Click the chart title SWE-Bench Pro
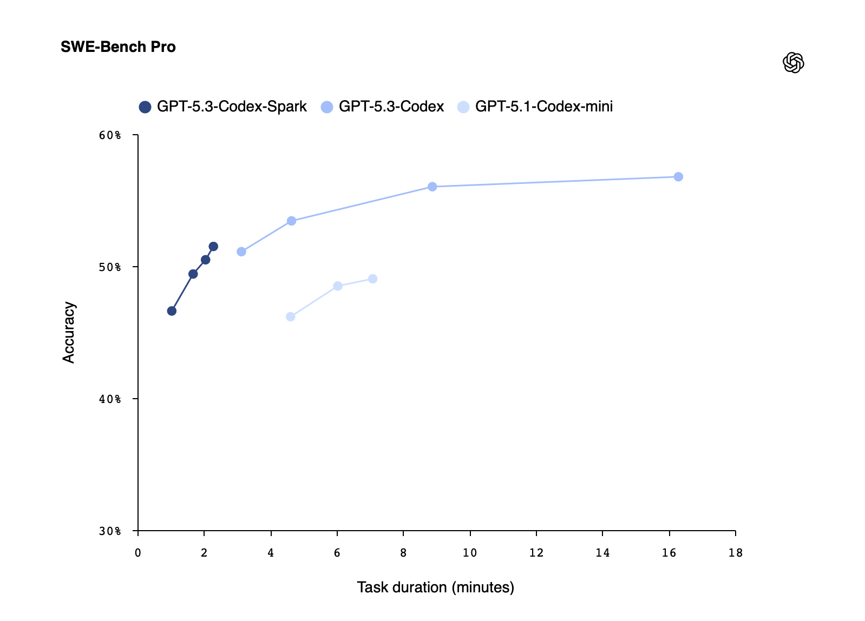118,47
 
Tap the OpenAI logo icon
793,63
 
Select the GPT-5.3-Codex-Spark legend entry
223,107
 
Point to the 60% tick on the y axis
110,135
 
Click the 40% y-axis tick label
110,399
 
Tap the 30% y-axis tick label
110,531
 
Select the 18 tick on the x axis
735,553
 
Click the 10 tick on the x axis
470,553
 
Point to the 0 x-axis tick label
138,553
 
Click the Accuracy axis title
69,332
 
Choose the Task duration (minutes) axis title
435,587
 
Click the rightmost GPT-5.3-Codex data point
678,177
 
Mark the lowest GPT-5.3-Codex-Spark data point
172,311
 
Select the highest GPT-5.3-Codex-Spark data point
213,247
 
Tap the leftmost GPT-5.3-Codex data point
241,252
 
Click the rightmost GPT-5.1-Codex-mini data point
372,279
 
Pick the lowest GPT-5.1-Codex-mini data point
290,316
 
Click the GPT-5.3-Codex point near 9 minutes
432,187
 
